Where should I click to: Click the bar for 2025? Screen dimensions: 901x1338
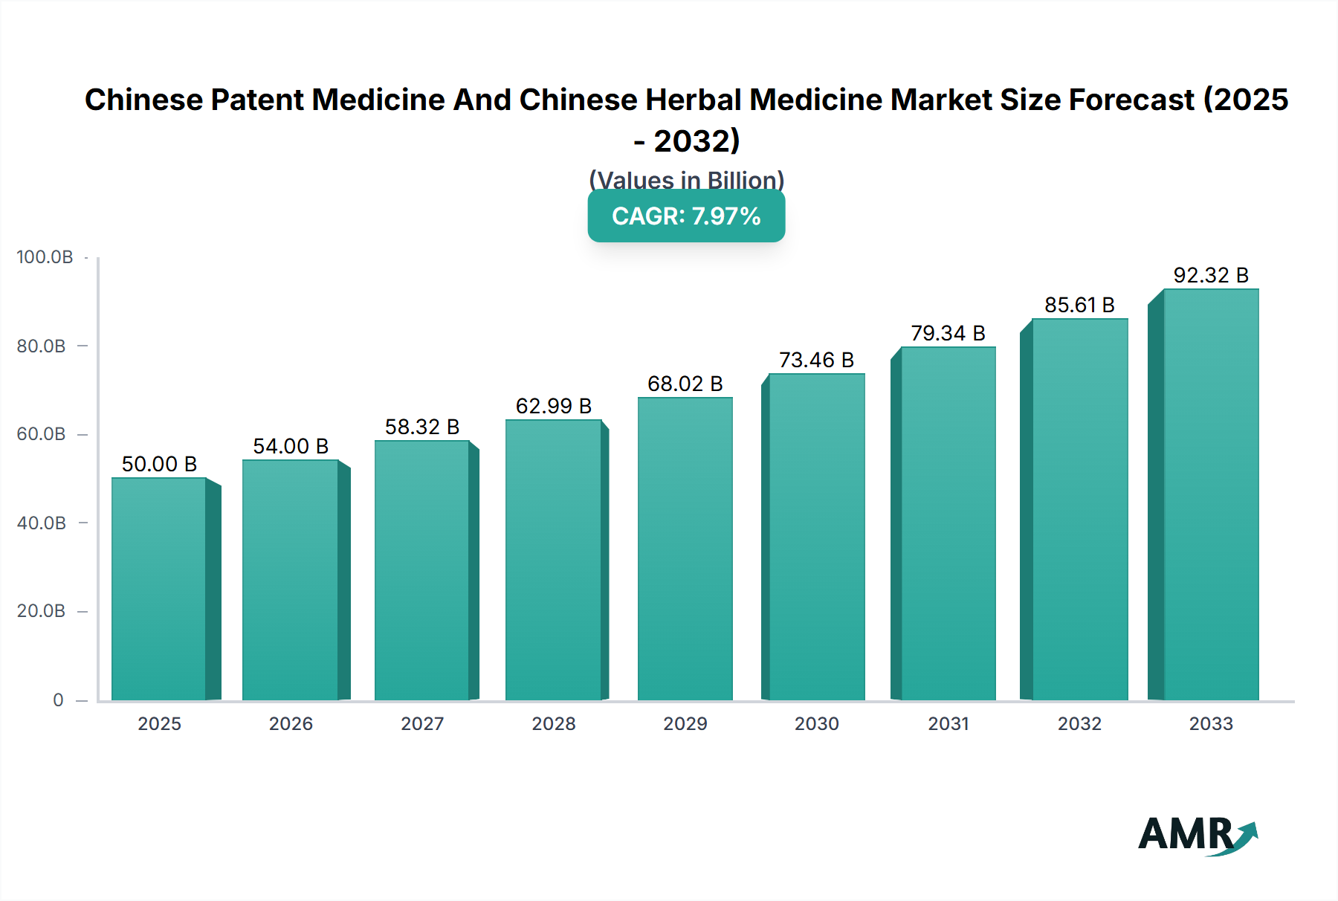coord(159,589)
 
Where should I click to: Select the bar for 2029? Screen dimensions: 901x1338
coord(685,549)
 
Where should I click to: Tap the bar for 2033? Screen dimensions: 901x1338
coord(1210,494)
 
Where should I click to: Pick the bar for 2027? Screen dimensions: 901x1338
coord(422,570)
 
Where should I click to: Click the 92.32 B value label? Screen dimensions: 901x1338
coord(1210,275)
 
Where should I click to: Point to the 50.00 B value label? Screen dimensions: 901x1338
coord(159,464)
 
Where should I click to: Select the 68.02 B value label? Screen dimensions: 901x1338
coord(685,384)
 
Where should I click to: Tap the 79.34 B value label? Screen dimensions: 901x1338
coord(948,333)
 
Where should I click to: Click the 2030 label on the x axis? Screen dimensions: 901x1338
coord(816,723)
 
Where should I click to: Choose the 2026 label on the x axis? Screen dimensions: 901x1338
coord(291,723)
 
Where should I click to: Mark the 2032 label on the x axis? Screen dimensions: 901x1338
coord(1079,723)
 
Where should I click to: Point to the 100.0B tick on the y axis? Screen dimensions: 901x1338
coord(45,257)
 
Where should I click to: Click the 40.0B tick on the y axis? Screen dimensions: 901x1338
coord(42,523)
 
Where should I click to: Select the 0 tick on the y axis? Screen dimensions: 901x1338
coord(58,700)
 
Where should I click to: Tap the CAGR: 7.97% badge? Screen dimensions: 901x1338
coord(686,216)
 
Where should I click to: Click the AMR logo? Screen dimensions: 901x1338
coord(1197,835)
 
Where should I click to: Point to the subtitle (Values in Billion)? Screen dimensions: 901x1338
coord(686,179)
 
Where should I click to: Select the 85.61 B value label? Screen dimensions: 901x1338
coord(1079,305)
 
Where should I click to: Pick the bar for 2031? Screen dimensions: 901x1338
coord(948,523)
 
